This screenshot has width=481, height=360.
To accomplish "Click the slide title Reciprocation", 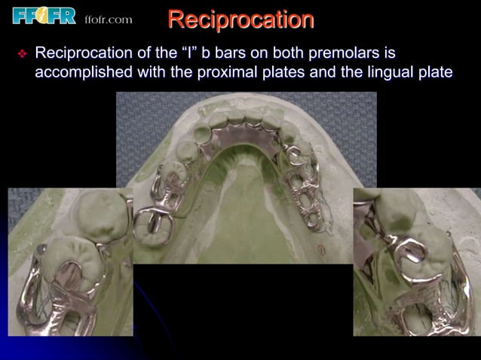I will click(240, 20).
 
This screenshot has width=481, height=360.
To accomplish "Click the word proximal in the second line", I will click(250, 72).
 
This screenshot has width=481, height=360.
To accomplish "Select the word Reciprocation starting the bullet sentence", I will click(84, 54).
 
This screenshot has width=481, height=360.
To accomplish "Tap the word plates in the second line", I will click(302, 72).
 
